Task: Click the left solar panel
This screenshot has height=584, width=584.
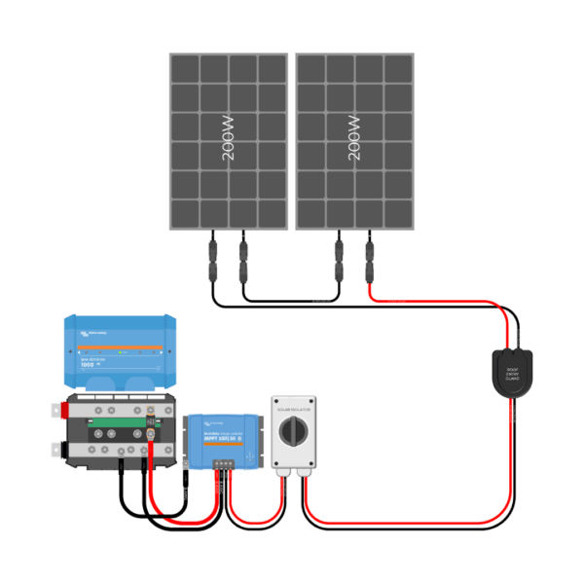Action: [x=229, y=141]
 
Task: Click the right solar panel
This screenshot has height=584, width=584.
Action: [x=355, y=141]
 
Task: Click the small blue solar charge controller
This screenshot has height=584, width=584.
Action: [x=226, y=438]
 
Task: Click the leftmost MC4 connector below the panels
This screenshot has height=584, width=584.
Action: [x=211, y=261]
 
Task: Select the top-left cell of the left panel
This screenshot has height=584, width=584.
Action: [x=186, y=69]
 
